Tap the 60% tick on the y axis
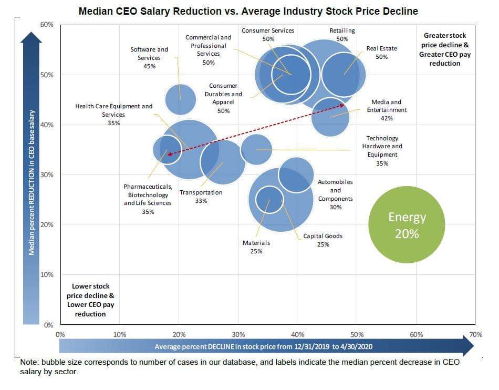(46, 25)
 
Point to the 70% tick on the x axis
(475, 335)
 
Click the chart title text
(248, 11)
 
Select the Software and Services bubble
(181, 99)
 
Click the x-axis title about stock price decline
(264, 346)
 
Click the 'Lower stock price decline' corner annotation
(91, 300)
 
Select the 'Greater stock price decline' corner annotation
(444, 49)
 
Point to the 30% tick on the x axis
(238, 335)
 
